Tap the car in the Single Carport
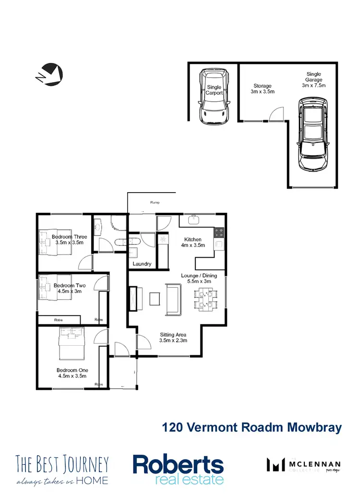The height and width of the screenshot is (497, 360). [214, 96]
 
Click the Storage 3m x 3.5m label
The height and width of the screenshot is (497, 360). [264, 89]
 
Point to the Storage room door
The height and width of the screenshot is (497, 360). [276, 114]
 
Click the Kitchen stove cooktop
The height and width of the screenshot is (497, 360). [219, 232]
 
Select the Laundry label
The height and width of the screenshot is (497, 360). [142, 264]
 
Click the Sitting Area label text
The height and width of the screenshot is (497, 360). [173, 338]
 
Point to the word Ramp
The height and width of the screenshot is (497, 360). [154, 203]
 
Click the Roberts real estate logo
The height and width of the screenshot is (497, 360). [178, 469]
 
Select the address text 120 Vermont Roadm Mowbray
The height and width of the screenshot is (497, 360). [252, 427]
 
